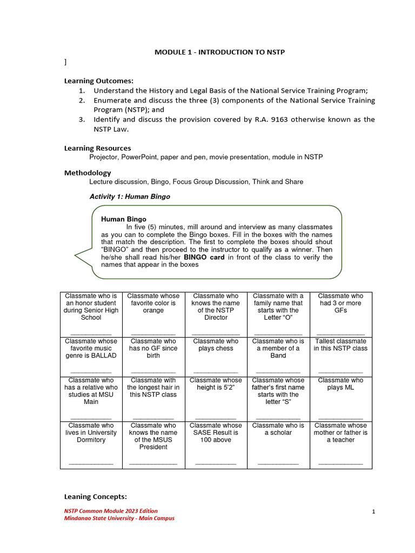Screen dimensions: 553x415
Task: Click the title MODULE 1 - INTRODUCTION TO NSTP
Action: tap(219, 52)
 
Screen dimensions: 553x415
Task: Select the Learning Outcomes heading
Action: tap(99, 81)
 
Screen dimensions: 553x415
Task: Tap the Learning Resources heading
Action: tap(98, 148)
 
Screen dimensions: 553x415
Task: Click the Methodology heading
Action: tap(88, 173)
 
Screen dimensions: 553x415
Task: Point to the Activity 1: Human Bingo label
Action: tap(129, 197)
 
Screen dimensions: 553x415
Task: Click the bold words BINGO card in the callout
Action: tap(202, 257)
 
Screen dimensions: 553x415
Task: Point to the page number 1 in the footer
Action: tap(373, 512)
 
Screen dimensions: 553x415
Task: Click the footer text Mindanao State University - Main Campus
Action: tap(119, 518)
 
